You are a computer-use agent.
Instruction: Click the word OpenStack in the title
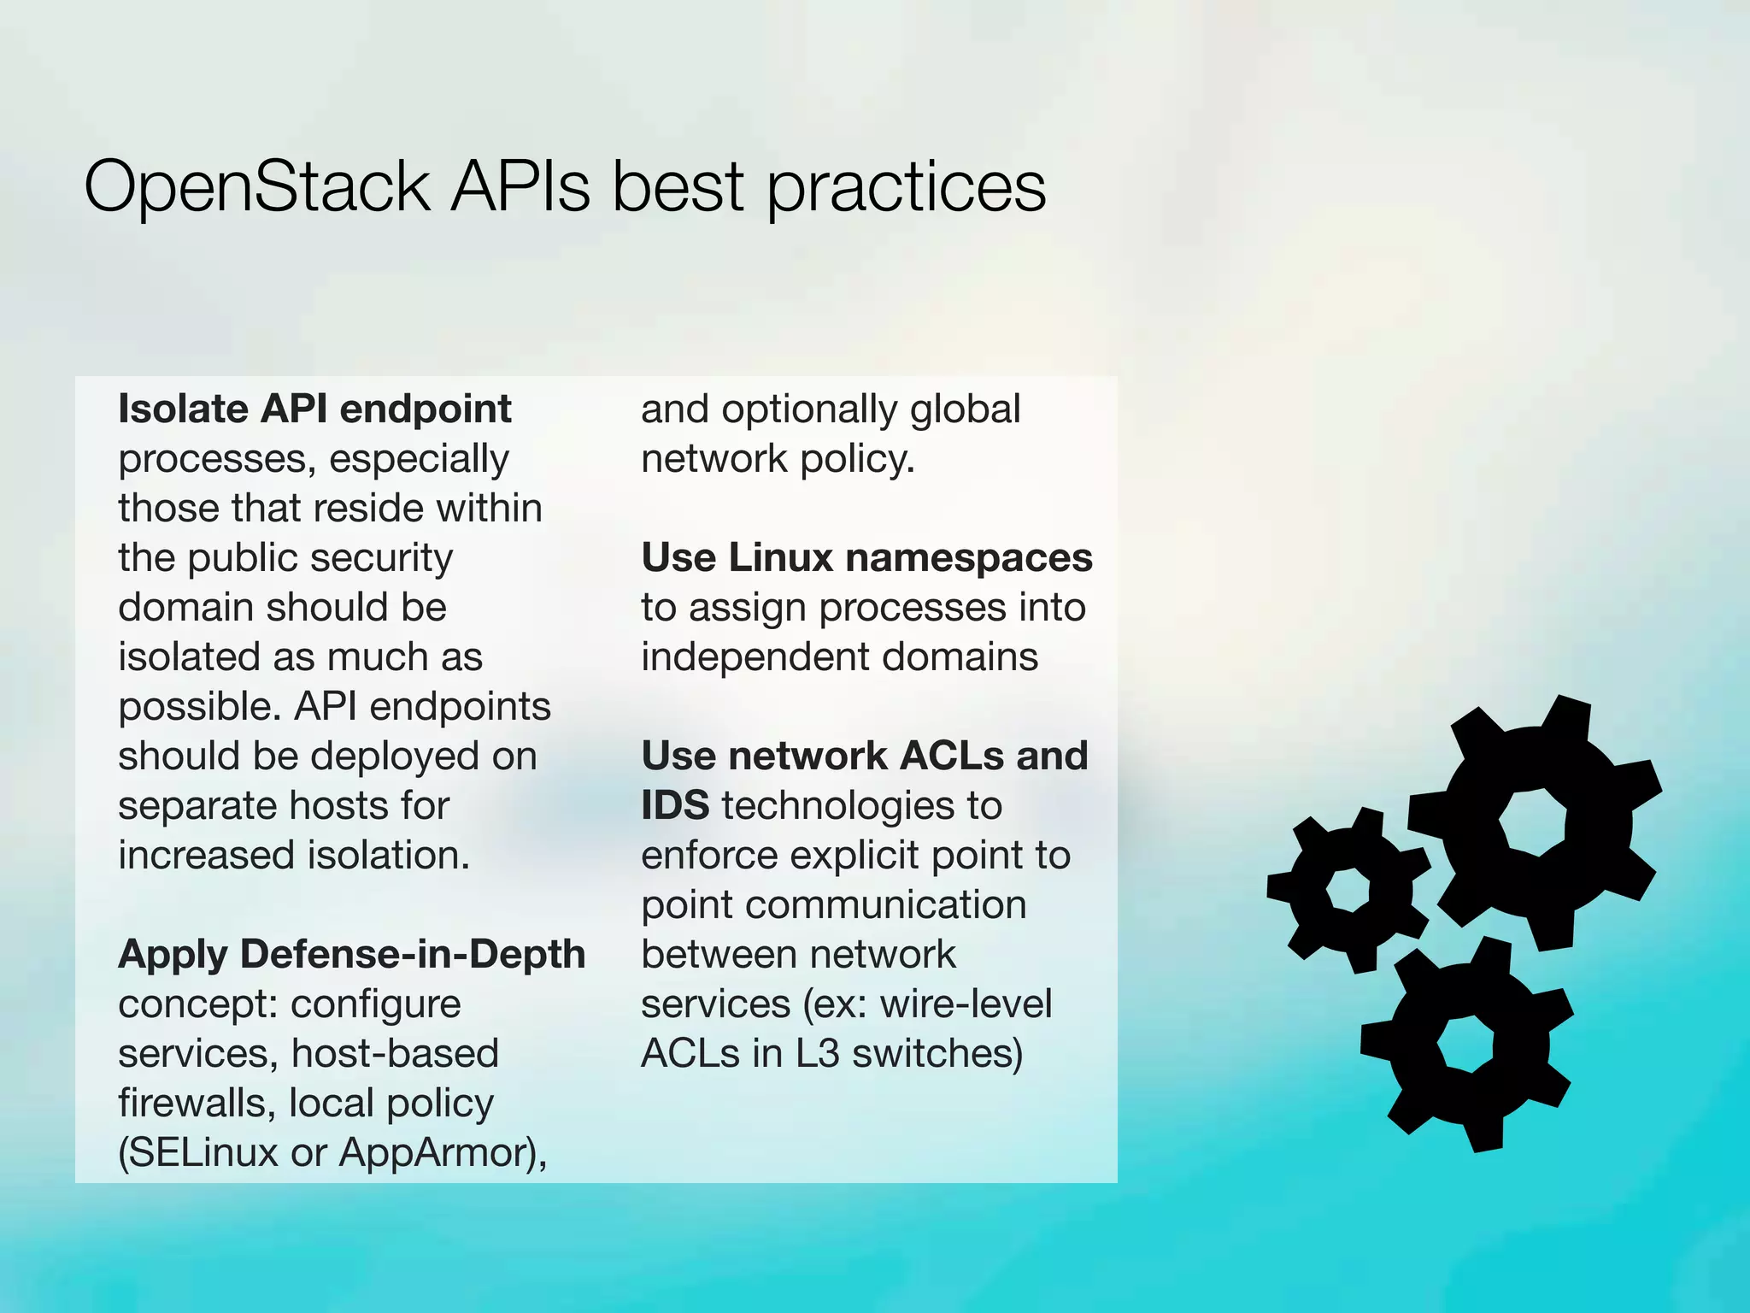pos(256,187)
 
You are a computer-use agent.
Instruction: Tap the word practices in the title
pos(906,187)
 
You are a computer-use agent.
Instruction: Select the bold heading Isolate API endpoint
pos(314,409)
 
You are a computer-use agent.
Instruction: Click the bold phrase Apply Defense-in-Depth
pos(351,954)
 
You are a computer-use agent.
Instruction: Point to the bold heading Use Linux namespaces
pos(866,557)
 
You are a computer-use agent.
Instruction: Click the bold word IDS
pos(675,805)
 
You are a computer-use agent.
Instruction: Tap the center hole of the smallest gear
pos(1348,890)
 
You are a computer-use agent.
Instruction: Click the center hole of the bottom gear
pos(1465,1044)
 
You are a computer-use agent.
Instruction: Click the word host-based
pos(395,1053)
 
